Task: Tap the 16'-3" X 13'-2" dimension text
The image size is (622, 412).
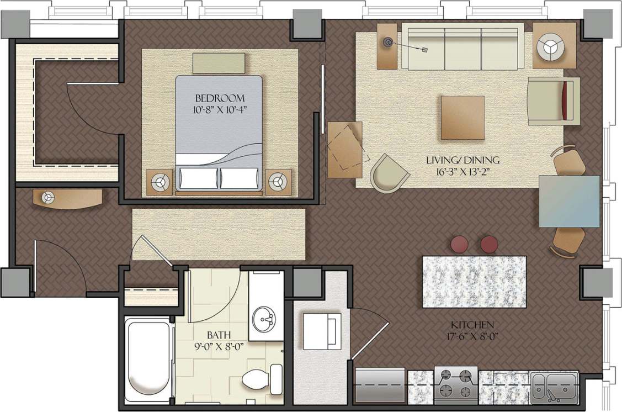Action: tap(462, 171)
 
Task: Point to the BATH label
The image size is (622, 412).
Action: tap(219, 335)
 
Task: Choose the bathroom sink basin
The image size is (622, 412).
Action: tap(265, 319)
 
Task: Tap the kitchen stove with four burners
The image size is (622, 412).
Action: tap(455, 384)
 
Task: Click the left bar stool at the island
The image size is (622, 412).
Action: tap(459, 245)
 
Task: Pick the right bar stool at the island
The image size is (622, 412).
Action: tap(489, 245)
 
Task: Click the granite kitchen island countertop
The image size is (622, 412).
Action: tap(474, 282)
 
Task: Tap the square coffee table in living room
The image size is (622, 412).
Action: tap(462, 118)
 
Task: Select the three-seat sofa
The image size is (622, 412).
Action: tap(462, 46)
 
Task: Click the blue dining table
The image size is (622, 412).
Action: tap(569, 201)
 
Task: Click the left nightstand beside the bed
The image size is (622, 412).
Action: tap(160, 182)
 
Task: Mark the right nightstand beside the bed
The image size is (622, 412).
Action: tap(278, 182)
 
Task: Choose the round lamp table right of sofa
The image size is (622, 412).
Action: tap(554, 46)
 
